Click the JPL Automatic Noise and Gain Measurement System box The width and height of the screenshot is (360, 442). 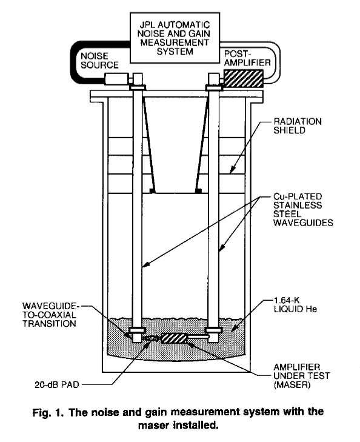tap(175, 38)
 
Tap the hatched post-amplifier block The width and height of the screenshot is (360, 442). tap(244, 78)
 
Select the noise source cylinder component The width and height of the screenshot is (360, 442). tap(116, 79)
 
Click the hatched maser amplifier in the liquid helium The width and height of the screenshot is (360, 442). tap(174, 338)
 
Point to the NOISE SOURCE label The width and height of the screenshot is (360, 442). tap(99, 60)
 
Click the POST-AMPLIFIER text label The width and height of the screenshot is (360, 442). tap(247, 58)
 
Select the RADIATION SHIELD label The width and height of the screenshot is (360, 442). tap(297, 126)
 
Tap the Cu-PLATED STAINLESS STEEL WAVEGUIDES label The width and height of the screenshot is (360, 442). tap(303, 209)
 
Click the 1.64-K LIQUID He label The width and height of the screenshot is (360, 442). tap(295, 304)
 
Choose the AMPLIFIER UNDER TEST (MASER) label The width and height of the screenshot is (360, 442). tap(301, 376)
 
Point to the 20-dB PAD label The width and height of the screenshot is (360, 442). tap(57, 384)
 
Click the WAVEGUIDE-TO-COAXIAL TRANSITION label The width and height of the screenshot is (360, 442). tap(50, 315)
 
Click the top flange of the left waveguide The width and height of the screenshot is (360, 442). tap(137, 88)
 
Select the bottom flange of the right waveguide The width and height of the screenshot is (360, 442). tap(213, 330)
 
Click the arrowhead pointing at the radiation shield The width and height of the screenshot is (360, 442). tap(232, 170)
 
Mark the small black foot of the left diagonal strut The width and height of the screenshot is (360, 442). tap(152, 191)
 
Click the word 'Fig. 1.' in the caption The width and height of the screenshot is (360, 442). tap(48, 413)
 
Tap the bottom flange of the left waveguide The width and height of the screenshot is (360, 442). tap(137, 330)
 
